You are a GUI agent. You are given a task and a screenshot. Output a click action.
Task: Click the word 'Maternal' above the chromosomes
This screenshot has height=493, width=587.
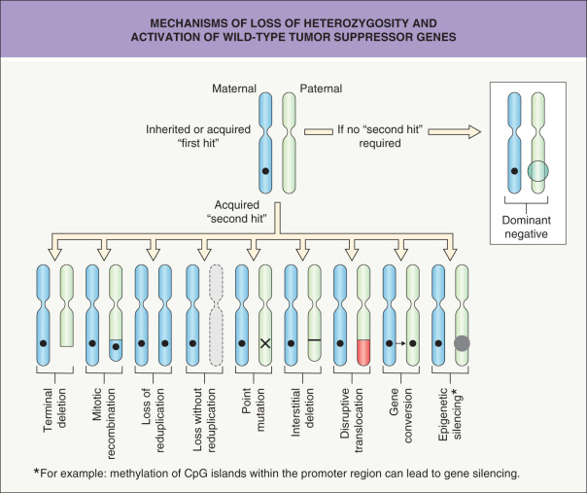(234, 88)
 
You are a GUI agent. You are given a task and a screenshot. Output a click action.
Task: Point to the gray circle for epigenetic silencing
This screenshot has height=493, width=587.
(464, 343)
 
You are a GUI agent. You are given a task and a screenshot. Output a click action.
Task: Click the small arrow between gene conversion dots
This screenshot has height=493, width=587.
(400, 343)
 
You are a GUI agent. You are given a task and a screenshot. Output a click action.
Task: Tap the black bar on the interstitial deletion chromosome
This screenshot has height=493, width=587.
(314, 339)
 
